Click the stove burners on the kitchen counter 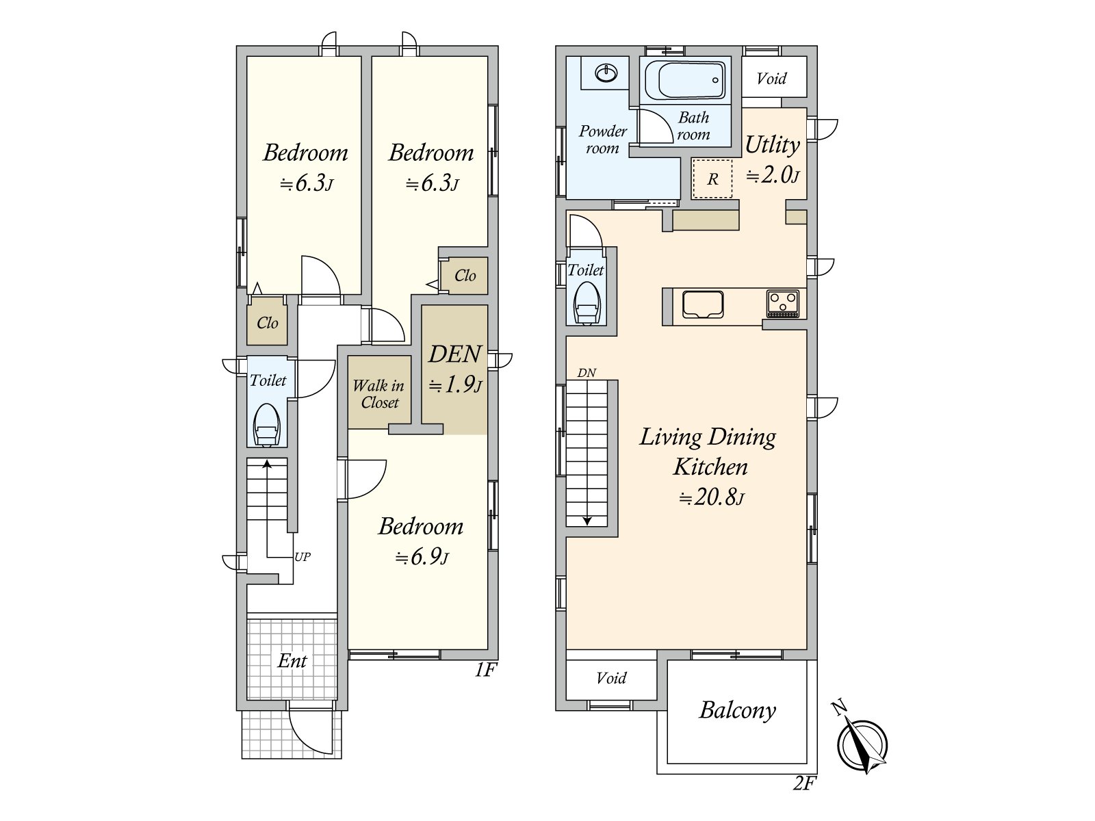coord(783,303)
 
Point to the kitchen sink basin coord(702,304)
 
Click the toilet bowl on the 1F coord(266,427)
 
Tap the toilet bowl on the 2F coord(587,304)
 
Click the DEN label coord(454,354)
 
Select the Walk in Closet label coord(378,394)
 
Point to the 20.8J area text coord(710,497)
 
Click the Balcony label coord(737,710)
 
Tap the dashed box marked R coord(712,179)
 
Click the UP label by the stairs coord(302,557)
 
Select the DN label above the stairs coord(587,373)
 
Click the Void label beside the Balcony coord(611,678)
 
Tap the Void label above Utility coord(771,79)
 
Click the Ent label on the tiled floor coord(292,661)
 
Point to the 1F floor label coord(485,670)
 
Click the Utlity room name coord(772,145)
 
